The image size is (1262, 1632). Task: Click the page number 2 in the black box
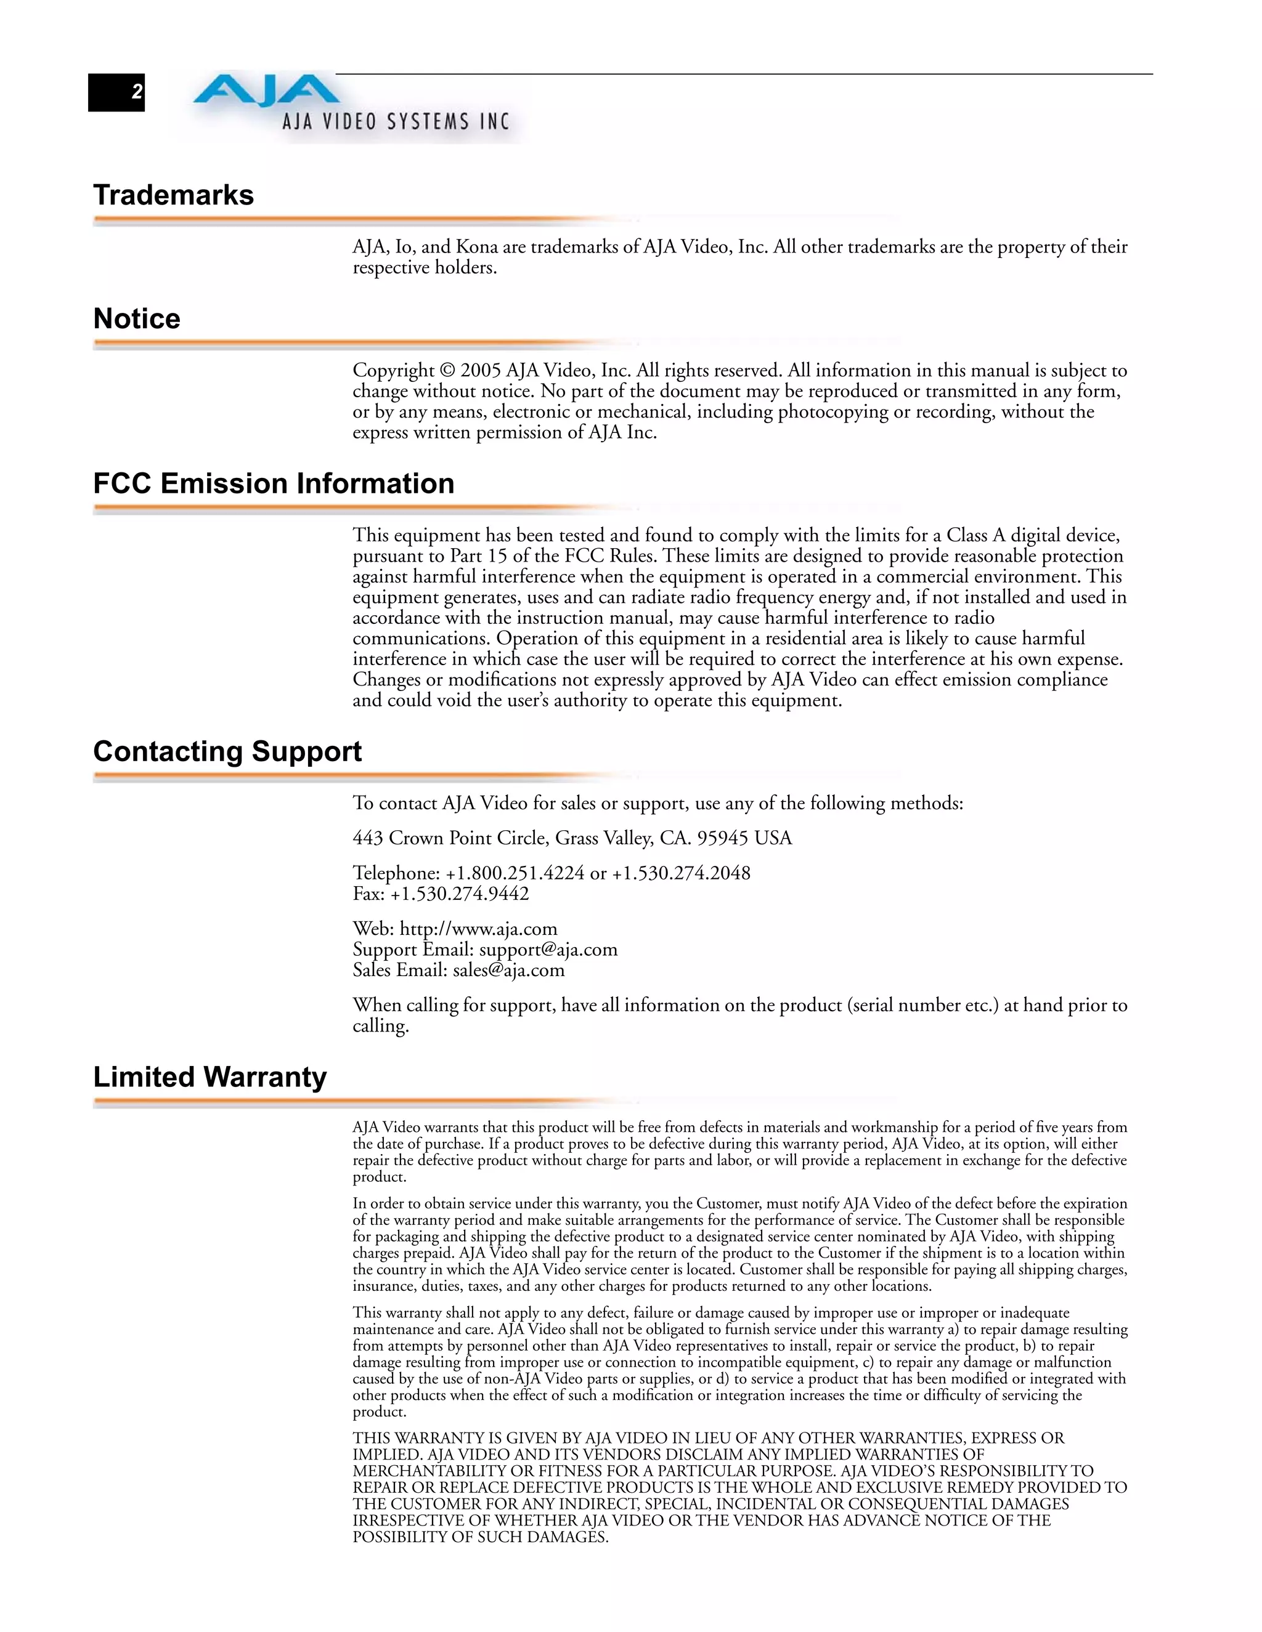[x=137, y=92]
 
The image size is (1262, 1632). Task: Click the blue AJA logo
[x=266, y=91]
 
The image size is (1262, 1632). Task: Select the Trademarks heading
[x=173, y=195]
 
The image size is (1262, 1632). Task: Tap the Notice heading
[x=137, y=319]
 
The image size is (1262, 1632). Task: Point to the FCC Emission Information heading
[x=274, y=483]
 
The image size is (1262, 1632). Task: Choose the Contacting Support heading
[x=227, y=751]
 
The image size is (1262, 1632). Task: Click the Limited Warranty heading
[x=210, y=1077]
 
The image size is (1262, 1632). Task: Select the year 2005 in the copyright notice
[x=480, y=371]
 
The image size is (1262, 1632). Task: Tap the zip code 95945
[x=722, y=838]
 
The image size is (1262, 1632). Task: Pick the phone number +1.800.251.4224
[x=515, y=873]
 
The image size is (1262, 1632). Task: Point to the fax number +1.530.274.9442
[x=459, y=894]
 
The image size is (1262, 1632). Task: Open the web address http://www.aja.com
[x=478, y=929]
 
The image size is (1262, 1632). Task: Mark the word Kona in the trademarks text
[x=477, y=248]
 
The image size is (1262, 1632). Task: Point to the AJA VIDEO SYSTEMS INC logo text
[x=396, y=122]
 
